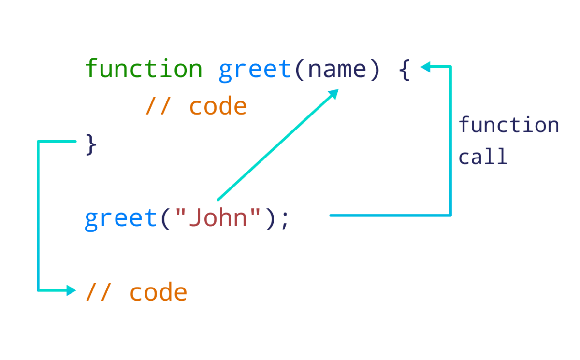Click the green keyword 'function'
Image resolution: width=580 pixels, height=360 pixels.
point(144,69)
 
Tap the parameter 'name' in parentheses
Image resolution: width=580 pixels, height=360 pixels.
point(337,70)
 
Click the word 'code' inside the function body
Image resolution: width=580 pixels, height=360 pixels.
point(218,106)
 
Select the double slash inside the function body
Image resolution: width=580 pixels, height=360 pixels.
point(158,106)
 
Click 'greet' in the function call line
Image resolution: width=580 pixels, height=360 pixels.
point(121,218)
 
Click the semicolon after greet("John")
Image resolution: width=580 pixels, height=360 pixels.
point(284,220)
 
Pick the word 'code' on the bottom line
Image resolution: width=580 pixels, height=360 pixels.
point(158,292)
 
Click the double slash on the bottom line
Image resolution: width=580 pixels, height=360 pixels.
point(98,292)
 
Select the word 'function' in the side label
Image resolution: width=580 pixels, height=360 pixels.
point(508,125)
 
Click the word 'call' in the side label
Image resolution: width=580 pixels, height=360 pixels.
point(483,157)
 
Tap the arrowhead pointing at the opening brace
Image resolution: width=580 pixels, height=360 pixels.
point(425,67)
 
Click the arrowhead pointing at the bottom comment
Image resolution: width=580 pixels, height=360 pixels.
point(72,290)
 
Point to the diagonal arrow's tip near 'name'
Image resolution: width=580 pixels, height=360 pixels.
point(333,93)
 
